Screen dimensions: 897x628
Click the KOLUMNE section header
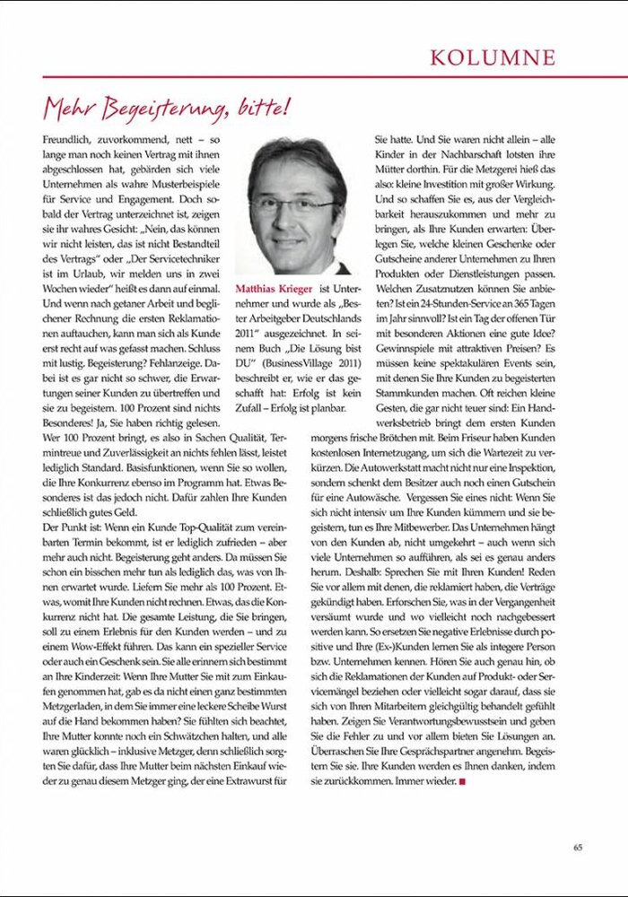[x=493, y=58]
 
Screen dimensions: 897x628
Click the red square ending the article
[x=462, y=781]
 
